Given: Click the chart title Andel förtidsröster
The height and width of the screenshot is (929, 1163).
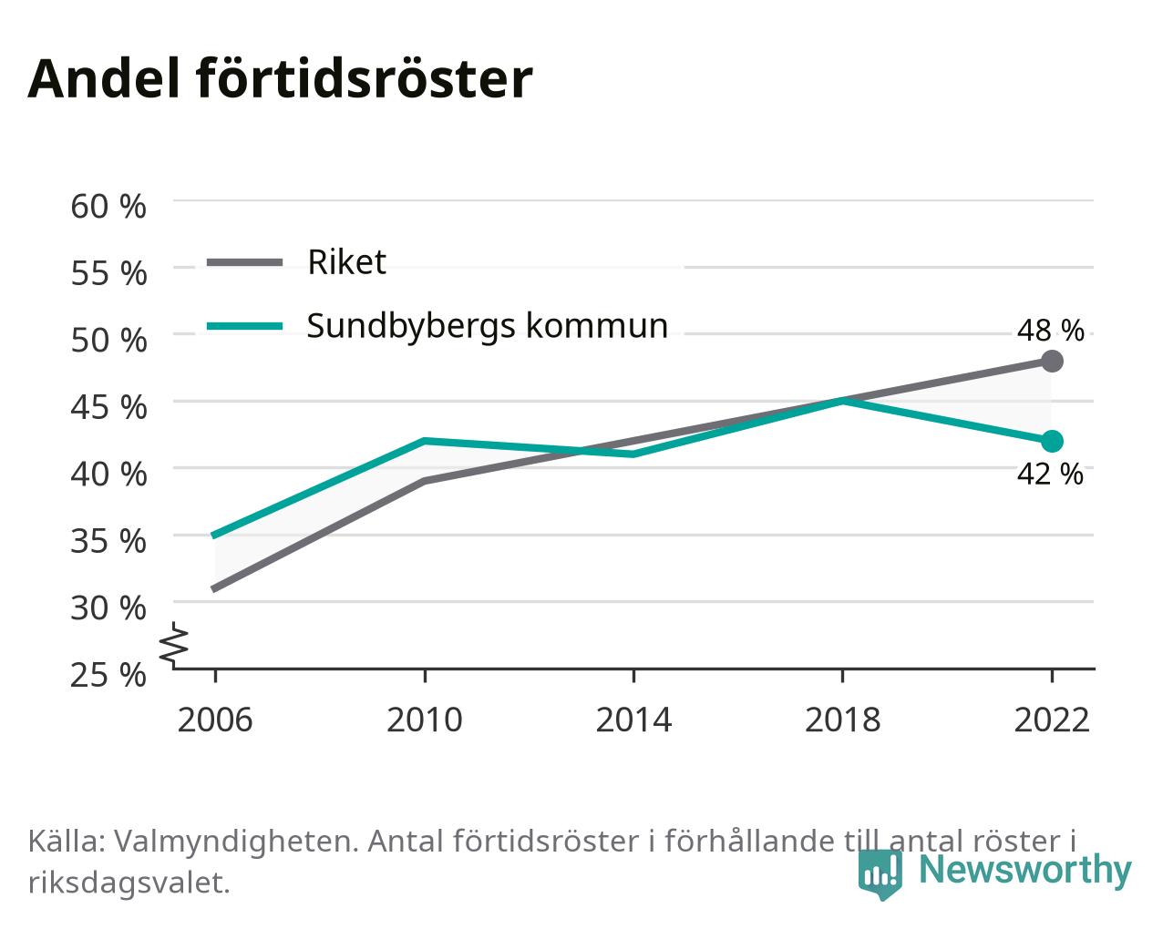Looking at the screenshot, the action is tap(280, 79).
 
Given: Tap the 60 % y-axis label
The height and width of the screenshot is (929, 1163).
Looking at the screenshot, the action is tap(108, 207).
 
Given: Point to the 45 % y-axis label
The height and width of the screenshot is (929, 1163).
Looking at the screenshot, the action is tap(108, 407).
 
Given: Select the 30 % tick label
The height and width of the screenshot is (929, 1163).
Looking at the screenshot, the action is tap(108, 608).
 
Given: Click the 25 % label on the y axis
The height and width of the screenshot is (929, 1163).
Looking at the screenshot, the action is tap(108, 675).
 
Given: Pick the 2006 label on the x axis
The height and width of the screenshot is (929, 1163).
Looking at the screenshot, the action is tap(215, 720).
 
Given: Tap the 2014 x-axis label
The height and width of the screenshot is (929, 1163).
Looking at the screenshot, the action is tap(633, 720).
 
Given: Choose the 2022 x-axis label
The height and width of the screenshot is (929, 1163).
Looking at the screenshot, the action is tap(1052, 720).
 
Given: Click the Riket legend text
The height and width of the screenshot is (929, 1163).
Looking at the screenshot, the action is tap(346, 262).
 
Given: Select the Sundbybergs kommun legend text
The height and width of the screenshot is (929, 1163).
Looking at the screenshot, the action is tap(488, 327).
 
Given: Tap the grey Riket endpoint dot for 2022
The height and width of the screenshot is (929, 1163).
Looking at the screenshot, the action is tap(1052, 361).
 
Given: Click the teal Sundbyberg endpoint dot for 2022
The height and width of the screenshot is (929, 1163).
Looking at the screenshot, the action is tap(1052, 441).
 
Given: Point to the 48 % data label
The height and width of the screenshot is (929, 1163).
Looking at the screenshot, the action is tap(1051, 330).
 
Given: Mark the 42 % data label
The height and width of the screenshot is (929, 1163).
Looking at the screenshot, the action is tap(1051, 475).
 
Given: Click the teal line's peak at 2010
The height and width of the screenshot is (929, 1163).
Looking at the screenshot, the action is tap(426, 441).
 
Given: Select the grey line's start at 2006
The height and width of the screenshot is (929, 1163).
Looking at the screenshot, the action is tap(215, 588).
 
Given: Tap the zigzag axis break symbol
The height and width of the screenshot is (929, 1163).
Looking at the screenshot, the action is tap(174, 643).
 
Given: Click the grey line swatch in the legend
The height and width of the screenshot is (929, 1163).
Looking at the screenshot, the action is tap(245, 263).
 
